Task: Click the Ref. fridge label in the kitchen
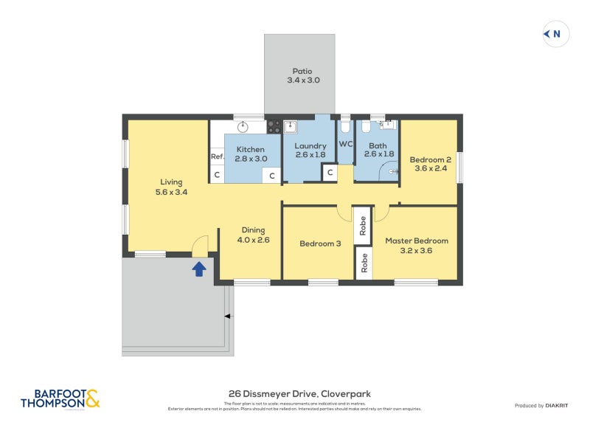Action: [x=217, y=156]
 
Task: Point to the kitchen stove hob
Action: [x=274, y=126]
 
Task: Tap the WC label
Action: [x=345, y=143]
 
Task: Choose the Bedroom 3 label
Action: [x=320, y=244]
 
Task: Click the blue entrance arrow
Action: [x=199, y=269]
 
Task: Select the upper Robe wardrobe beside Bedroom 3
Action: [x=363, y=225]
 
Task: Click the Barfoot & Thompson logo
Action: [x=60, y=399]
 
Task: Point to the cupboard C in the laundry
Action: [x=330, y=173]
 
